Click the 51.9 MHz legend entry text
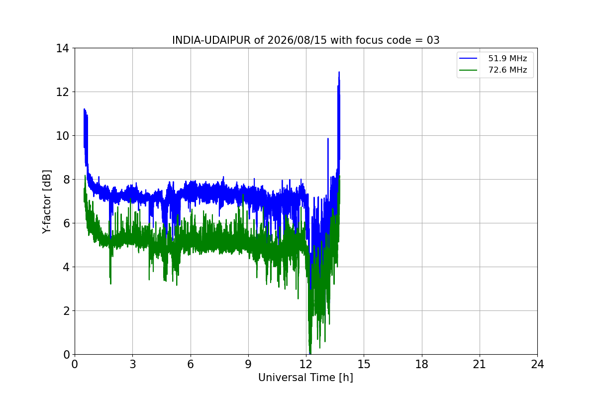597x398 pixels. (x=507, y=58)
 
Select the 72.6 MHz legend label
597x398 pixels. (x=507, y=70)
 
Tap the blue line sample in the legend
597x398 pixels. (x=468, y=58)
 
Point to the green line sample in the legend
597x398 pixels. (x=468, y=70)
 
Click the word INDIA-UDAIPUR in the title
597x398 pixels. (x=211, y=40)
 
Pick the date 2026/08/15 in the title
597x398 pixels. (x=297, y=40)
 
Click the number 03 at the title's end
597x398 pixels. (x=433, y=40)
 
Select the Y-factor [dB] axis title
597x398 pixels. (x=47, y=201)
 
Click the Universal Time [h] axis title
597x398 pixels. (x=305, y=378)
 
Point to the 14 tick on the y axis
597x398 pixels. (x=62, y=48)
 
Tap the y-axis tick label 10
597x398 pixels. (x=62, y=136)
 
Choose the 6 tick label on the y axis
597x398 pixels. (x=66, y=223)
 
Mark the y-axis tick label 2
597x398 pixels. (x=66, y=311)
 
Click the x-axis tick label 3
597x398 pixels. (x=133, y=364)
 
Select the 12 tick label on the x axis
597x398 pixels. (x=306, y=364)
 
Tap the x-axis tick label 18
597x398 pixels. (x=422, y=364)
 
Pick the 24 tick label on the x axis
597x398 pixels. (x=537, y=364)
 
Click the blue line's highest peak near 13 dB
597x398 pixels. (x=339, y=72)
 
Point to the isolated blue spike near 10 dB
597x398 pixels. (x=328, y=139)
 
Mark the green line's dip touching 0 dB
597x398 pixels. (x=310, y=353)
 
